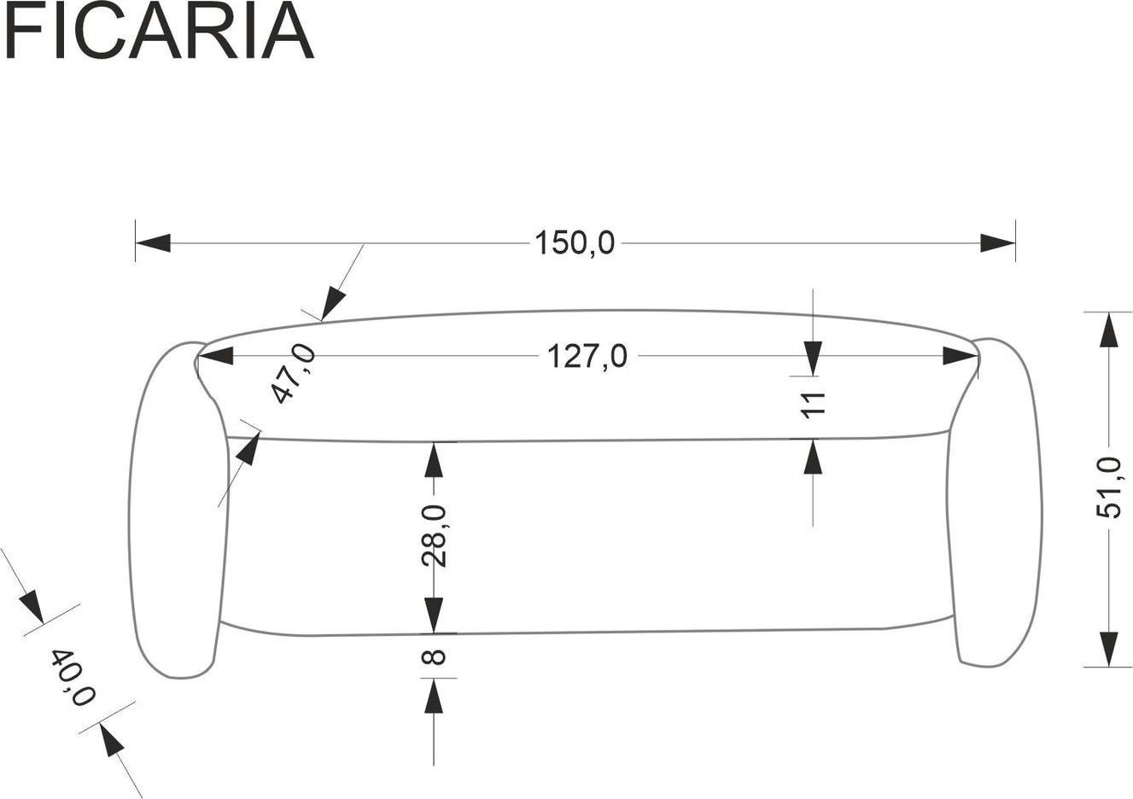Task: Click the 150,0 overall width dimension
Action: (x=575, y=242)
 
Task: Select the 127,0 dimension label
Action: (x=587, y=356)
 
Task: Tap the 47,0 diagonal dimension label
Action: (x=294, y=374)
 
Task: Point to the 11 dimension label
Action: (x=814, y=405)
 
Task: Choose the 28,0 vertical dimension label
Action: (x=434, y=536)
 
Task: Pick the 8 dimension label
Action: (x=434, y=657)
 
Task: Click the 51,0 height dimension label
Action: (x=1108, y=487)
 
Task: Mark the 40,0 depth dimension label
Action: (x=73, y=678)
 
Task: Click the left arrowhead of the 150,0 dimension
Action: (x=153, y=243)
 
